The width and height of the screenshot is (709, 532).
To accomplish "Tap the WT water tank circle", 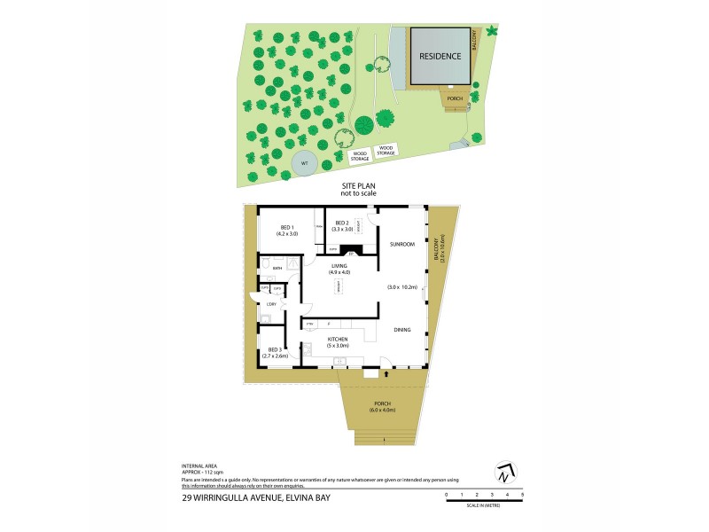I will click(x=304, y=163).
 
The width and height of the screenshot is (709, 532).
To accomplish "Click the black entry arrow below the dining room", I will click(x=386, y=373).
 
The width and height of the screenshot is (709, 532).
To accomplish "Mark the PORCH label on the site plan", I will click(x=455, y=98).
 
